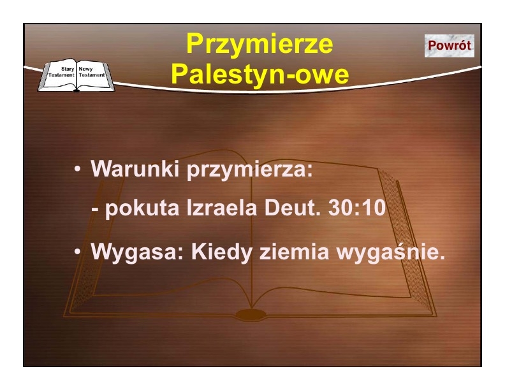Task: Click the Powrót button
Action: click(x=450, y=46)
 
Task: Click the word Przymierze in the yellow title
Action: click(x=260, y=44)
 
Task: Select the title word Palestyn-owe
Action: click(x=260, y=75)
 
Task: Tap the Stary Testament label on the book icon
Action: click(x=61, y=72)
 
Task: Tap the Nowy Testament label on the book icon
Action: click(x=92, y=72)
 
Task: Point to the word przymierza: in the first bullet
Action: click(x=250, y=170)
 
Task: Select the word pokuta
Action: click(x=142, y=208)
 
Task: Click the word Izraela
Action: click(x=222, y=207)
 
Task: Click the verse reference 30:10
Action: click(x=357, y=207)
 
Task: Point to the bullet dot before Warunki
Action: click(x=77, y=169)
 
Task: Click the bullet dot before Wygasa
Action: click(x=77, y=252)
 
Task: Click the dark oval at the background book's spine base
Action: click(x=251, y=314)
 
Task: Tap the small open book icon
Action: click(x=77, y=75)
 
